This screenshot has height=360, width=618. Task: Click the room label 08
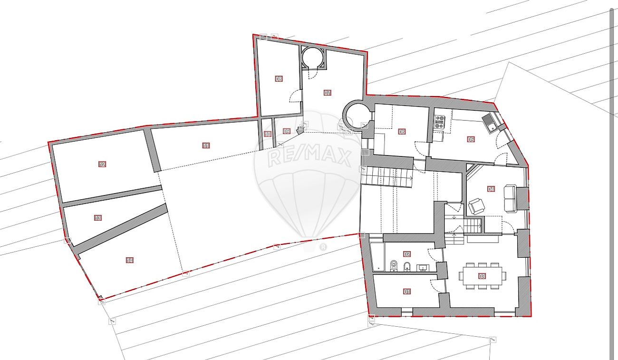[279, 79]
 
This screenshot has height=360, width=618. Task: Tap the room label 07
[327, 93]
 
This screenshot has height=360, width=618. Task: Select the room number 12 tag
[102, 165]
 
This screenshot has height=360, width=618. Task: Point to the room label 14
[129, 260]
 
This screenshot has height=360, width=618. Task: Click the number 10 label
[268, 135]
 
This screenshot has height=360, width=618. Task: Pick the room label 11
[206, 146]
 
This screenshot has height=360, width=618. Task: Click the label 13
[97, 218]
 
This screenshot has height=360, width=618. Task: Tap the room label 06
[402, 132]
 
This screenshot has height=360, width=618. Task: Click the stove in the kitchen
[440, 122]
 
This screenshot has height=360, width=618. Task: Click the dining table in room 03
[482, 276]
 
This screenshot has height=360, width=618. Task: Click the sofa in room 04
[510, 199]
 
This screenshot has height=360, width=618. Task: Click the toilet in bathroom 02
[394, 266]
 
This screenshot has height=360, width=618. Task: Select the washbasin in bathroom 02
[423, 268]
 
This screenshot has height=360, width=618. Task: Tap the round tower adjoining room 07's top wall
[313, 58]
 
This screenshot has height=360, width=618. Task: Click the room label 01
[406, 292]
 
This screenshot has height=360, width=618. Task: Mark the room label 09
[286, 131]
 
